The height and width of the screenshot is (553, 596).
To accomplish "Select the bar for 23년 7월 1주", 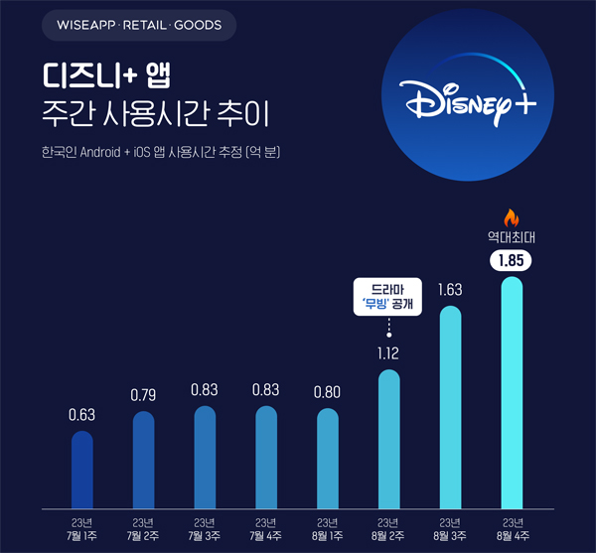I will pyautogui.click(x=82, y=469).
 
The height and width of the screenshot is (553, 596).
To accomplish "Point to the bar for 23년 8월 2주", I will pyautogui.click(x=389, y=440).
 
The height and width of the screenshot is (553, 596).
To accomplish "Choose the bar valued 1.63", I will pyautogui.click(x=450, y=407).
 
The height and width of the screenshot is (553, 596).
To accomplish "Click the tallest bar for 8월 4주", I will pyautogui.click(x=512, y=393).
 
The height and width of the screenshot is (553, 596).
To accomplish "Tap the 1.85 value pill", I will pyautogui.click(x=511, y=261).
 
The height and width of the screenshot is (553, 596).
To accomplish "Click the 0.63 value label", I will pyautogui.click(x=82, y=415).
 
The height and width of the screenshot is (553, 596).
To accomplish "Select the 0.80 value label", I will pyautogui.click(x=328, y=391).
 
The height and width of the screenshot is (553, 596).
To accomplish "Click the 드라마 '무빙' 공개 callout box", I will pyautogui.click(x=389, y=296).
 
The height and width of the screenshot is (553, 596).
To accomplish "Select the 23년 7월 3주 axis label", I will pyautogui.click(x=206, y=529).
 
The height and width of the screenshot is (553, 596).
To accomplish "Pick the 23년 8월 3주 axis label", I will pyautogui.click(x=450, y=529).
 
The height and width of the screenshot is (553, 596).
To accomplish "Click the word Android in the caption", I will pyautogui.click(x=103, y=154).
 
